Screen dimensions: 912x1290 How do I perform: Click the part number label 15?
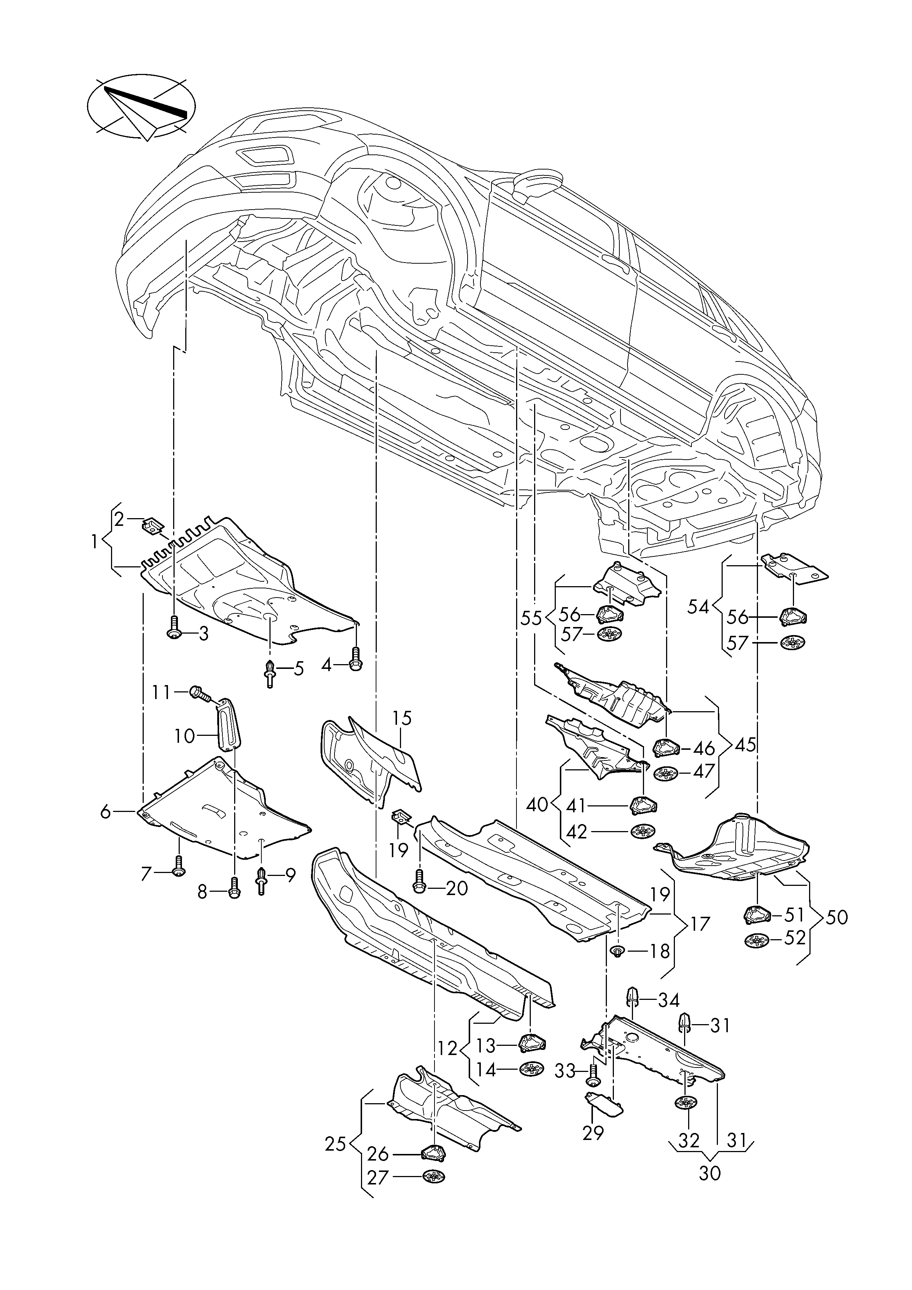[x=402, y=718]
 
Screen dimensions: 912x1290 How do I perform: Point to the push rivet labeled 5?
[x=270, y=673]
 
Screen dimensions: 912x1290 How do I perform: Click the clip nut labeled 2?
[x=152, y=527]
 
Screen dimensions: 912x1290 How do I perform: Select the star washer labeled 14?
[x=532, y=1069]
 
